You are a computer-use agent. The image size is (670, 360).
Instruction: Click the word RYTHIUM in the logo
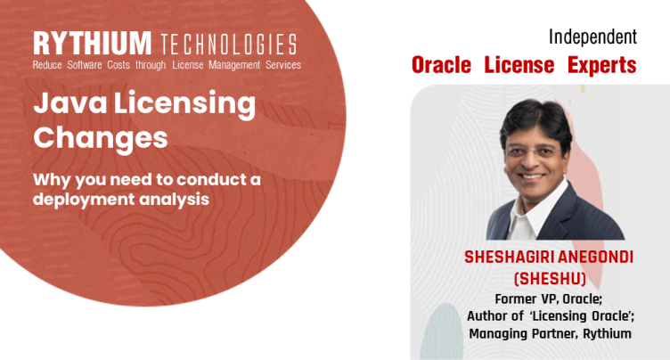92,43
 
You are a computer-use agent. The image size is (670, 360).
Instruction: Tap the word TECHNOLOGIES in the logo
229,44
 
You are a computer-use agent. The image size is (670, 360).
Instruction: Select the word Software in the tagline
85,65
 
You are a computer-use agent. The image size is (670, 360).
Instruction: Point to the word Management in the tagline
234,65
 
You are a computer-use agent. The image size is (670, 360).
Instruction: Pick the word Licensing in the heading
184,104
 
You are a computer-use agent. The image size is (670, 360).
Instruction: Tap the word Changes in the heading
101,138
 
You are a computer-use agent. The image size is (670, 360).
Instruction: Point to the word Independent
592,37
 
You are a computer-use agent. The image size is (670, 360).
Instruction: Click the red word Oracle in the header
441,65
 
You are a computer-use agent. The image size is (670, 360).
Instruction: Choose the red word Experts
602,66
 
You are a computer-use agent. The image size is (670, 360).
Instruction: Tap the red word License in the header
519,65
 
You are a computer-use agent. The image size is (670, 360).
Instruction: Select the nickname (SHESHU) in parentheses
550,279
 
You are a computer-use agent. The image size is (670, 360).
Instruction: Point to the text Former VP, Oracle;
549,299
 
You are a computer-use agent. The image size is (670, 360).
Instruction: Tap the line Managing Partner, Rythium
550,333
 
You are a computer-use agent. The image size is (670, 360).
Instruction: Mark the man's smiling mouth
531,176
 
